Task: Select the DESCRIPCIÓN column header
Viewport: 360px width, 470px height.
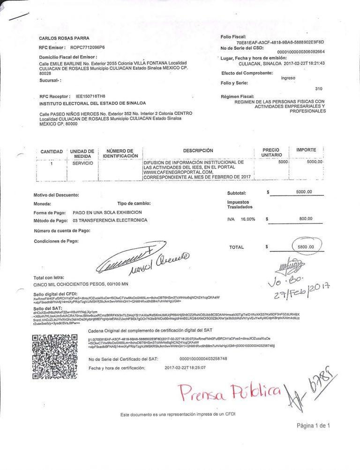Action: click(x=198, y=150)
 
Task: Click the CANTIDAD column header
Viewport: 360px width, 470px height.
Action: click(x=52, y=152)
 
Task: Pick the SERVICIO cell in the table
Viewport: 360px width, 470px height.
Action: click(x=82, y=163)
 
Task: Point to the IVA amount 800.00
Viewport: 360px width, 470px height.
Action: click(x=305, y=218)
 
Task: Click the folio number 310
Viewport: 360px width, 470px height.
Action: click(x=319, y=89)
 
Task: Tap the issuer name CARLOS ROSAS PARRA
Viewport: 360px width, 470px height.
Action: click(x=64, y=38)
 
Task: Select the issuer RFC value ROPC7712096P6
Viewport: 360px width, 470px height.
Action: click(x=88, y=48)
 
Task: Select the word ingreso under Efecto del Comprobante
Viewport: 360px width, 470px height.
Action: click(x=288, y=78)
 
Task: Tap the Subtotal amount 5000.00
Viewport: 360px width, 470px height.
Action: click(x=304, y=192)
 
